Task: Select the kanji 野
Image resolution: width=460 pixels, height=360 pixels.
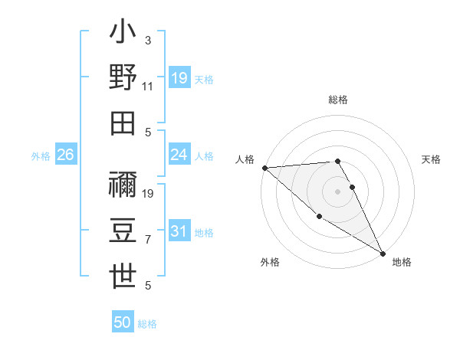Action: tap(123, 77)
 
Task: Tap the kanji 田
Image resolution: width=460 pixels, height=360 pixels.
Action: tap(123, 123)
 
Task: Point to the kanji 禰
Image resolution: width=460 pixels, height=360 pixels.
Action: tap(123, 185)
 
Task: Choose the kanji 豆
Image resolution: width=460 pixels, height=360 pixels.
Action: tap(123, 231)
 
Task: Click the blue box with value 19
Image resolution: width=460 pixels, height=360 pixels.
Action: tap(179, 77)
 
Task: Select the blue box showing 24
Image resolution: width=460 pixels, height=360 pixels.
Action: tap(179, 155)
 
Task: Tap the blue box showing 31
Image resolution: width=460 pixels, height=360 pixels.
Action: tap(179, 231)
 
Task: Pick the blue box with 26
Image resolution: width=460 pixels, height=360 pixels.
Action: tap(66, 155)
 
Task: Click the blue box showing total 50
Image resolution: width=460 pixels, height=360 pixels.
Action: tap(123, 322)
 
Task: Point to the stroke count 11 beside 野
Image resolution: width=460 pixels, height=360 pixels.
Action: tap(148, 87)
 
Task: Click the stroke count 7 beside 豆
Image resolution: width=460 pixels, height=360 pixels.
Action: tap(148, 240)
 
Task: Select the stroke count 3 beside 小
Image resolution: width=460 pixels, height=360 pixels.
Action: tap(148, 40)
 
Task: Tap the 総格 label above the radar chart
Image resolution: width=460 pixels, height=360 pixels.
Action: tap(338, 100)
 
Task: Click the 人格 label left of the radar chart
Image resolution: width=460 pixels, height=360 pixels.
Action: tap(245, 159)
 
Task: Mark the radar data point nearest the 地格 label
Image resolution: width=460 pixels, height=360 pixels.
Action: tap(383, 254)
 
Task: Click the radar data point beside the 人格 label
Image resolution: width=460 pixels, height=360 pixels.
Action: tap(264, 168)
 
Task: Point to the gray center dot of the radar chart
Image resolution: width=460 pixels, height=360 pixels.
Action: tap(338, 191)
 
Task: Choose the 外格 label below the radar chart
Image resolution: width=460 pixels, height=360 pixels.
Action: tap(269, 263)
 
